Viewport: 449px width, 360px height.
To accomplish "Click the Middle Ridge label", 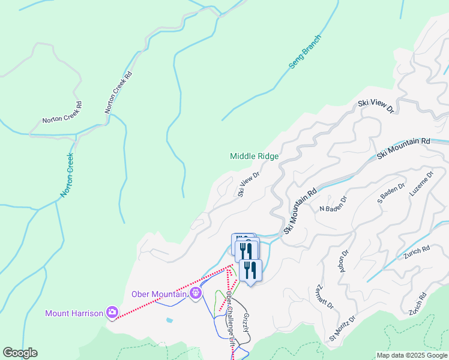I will coord(254,156).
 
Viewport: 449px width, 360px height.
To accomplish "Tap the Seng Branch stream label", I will coord(305,52).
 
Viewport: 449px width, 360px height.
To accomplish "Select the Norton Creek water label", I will coord(67,176).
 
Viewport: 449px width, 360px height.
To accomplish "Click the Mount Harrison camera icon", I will coord(112,312).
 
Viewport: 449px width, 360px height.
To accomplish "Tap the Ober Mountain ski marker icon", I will coord(195,293).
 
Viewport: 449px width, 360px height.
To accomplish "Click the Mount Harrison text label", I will coord(74,313).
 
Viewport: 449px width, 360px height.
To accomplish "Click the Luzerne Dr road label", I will coord(421,184).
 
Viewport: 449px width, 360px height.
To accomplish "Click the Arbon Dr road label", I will coord(344,262).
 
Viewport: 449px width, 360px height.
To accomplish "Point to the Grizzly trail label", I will coord(246,323).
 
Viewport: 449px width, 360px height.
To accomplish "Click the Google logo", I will coord(20,353).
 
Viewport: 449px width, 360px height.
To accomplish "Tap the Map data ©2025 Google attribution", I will coord(411,355).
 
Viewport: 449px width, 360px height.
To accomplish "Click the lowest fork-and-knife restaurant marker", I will coord(250,271).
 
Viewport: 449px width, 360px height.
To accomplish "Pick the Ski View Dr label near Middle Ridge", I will coord(248,185).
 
